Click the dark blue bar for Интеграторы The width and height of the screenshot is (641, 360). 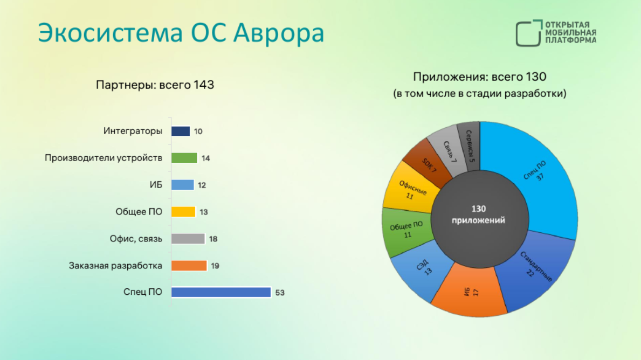click(181, 131)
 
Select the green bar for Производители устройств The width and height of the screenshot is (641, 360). click(184, 158)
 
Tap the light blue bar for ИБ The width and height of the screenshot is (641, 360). click(183, 185)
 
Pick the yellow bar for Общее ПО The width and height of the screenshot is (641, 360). click(183, 212)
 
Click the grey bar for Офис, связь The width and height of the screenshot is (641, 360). click(188, 239)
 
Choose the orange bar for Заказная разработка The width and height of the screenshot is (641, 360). click(189, 266)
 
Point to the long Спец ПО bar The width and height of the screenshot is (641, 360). click(221, 292)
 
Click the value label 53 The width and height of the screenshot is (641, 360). click(280, 293)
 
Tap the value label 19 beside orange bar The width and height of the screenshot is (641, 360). click(215, 266)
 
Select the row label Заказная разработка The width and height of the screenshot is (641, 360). click(115, 266)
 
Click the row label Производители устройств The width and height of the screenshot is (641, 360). click(104, 158)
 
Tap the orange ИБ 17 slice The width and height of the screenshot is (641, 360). click(470, 291)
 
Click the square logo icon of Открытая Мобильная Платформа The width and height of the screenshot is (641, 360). click(529, 33)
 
